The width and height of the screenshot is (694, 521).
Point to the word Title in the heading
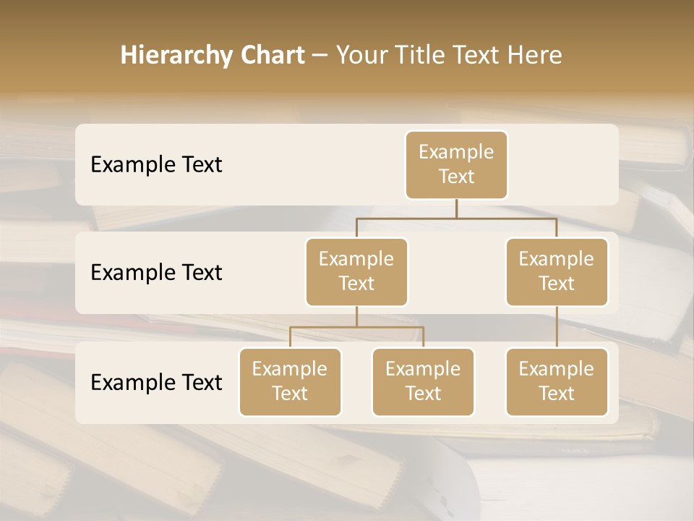click(x=420, y=56)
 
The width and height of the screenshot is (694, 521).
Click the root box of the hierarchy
click(x=456, y=165)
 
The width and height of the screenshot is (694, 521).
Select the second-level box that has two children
click(x=356, y=271)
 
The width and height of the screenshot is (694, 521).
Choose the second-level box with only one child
click(x=557, y=271)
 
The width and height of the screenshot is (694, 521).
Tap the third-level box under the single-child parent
click(x=557, y=381)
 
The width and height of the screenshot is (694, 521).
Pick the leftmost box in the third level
click(x=290, y=381)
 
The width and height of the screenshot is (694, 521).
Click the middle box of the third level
click(x=423, y=381)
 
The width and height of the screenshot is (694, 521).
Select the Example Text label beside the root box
click(x=156, y=165)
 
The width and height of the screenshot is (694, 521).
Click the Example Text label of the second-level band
click(x=156, y=273)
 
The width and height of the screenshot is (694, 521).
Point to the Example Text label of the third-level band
click(x=156, y=382)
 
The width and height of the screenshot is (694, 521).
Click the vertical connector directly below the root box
click(x=456, y=208)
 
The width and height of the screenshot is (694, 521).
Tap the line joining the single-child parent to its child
click(x=557, y=327)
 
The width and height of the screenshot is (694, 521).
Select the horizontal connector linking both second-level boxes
click(x=456, y=218)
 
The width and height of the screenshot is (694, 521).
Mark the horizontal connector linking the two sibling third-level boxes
click(x=356, y=327)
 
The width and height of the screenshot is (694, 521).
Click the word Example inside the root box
click(x=456, y=152)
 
